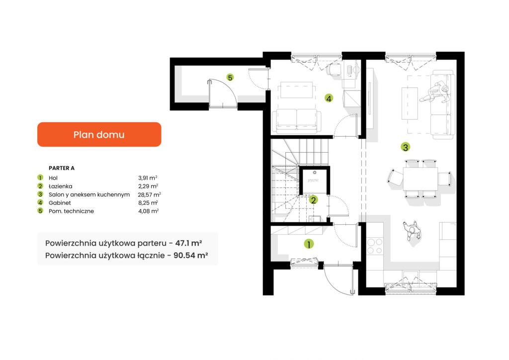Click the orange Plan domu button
pos(99,134)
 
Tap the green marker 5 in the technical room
pos(230,78)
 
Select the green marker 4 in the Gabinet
pos(329,98)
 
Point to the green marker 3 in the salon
pos(405,147)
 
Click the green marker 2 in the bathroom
pos(313,200)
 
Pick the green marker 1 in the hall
pos(309,244)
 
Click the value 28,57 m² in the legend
pos(149,194)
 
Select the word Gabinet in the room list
pos(60,203)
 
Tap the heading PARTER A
pos(62,168)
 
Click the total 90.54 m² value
pos(190,256)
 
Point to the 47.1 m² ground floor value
pos(188,243)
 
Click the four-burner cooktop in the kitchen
pos(375,246)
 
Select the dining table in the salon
pos(421,179)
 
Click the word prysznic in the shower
pos(313,180)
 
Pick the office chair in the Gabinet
pos(334,69)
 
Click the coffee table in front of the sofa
pos(410,103)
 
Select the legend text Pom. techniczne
pos(71,211)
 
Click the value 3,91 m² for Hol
pos(148,178)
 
